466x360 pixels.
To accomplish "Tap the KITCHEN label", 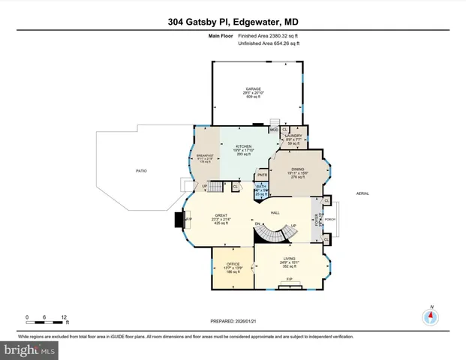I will [x=244, y=146].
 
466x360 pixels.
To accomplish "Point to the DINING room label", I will [x=298, y=169].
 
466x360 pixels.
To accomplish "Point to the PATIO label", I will [x=141, y=171].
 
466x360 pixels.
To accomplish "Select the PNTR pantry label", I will [x=262, y=175].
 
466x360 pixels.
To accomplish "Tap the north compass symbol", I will [x=431, y=316].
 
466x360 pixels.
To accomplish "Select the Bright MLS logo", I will [x=30, y=350].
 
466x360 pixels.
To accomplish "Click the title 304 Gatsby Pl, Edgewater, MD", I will [x=233, y=10].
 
